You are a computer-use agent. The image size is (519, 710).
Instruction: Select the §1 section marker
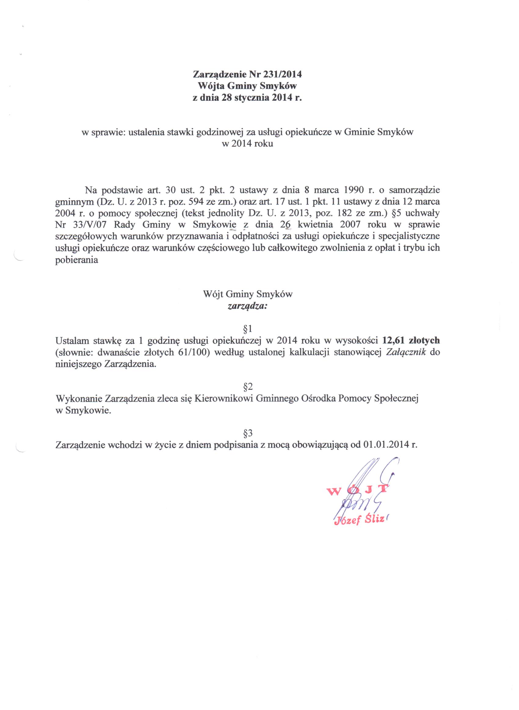tap(248, 329)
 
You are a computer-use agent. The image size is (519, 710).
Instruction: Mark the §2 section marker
tap(248, 386)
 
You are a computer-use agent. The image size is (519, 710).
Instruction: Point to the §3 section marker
tap(248, 433)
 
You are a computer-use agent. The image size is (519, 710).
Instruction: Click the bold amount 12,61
tap(393, 340)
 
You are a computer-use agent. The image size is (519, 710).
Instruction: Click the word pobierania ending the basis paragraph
tap(77, 260)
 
